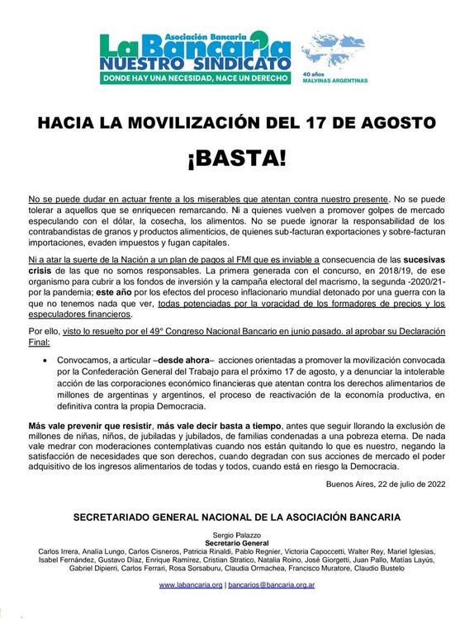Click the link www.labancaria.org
pyautogui.click(x=191, y=585)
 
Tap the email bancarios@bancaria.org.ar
pyautogui.click(x=268, y=585)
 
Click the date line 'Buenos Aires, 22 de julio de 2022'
pyautogui.click(x=385, y=484)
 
